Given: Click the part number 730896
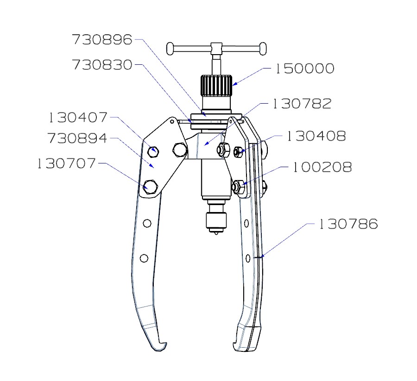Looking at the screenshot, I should [102, 40].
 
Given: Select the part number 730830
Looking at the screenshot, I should [102, 65].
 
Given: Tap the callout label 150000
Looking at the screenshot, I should [304, 69].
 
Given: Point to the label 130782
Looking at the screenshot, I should [302, 104].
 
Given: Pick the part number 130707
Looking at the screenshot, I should [67, 163].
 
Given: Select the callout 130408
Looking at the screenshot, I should [316, 136].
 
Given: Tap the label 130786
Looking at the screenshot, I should [348, 225].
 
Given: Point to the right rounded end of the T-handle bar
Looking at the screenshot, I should [264, 48].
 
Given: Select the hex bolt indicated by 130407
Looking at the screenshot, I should [154, 150].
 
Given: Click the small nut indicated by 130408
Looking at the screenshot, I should [238, 151].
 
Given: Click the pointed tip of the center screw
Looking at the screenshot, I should [216, 235].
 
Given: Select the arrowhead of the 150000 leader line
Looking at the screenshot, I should [234, 85].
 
